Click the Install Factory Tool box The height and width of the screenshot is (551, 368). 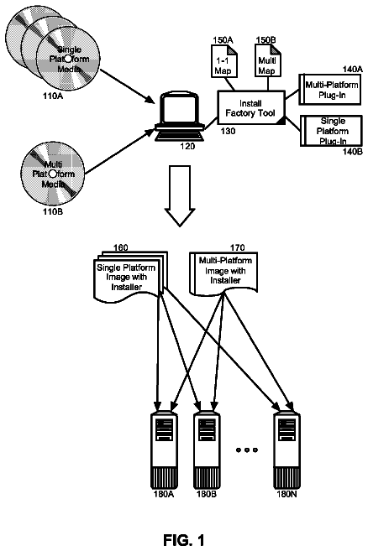coord(251,107)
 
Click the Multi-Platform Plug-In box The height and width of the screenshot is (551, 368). coord(330,89)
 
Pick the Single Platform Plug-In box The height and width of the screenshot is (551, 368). coord(331,131)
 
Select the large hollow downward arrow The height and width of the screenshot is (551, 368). coord(180,195)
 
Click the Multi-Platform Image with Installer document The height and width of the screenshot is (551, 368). coord(223,273)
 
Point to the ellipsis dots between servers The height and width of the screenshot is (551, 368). coord(247,450)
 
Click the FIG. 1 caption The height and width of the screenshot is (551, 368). coord(183,540)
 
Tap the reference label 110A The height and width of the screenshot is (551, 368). coord(53,96)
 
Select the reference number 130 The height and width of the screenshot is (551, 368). coord(229,131)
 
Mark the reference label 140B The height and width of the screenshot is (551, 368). coord(353,152)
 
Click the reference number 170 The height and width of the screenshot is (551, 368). coord(237,247)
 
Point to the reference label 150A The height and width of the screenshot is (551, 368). coord(223,39)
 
